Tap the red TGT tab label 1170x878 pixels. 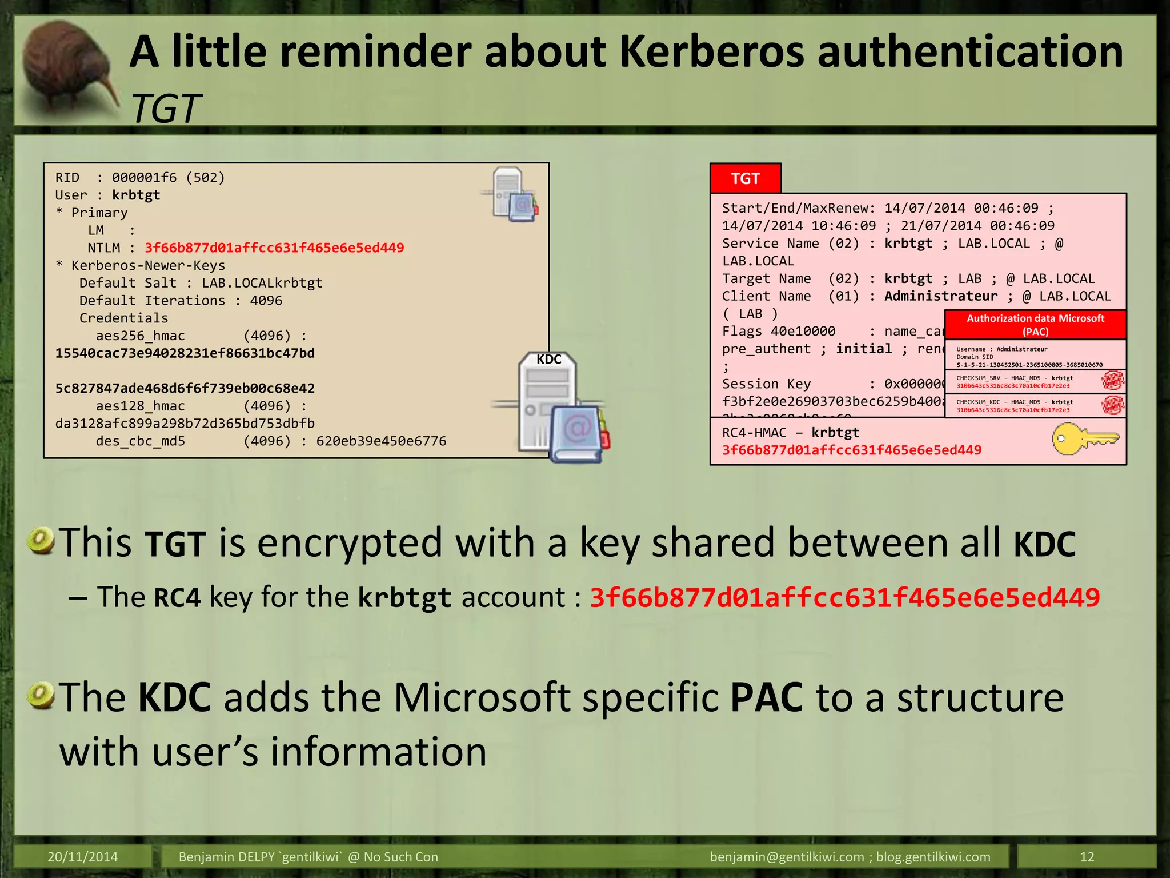tap(745, 179)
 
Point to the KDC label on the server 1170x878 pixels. tap(548, 360)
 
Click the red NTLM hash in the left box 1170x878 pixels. tap(274, 248)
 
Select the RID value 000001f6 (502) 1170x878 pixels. tap(168, 178)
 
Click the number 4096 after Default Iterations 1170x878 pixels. tap(266, 301)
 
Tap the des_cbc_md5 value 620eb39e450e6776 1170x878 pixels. tap(381, 441)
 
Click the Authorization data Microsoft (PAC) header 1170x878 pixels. tap(1035, 325)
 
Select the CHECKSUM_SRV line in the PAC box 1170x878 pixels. tap(1015, 378)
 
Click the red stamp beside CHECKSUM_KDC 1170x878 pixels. tap(1112, 405)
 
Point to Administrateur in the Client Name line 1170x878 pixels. tap(940, 296)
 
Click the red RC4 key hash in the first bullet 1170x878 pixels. tap(845, 598)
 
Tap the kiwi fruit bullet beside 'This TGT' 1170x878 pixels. tap(41, 541)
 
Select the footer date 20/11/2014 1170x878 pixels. tap(82, 857)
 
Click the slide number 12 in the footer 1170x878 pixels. tap(1087, 857)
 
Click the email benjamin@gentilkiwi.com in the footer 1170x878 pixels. tap(787, 857)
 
